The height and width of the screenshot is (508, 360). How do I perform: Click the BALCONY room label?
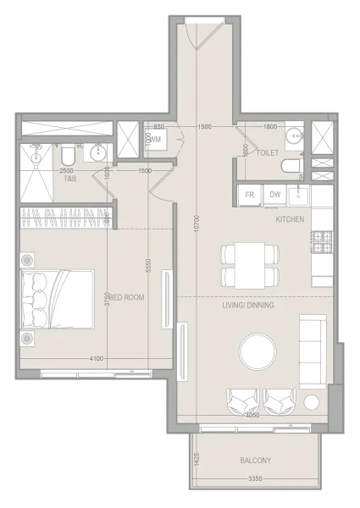(254, 461)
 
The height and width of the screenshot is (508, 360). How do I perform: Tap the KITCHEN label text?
(290, 219)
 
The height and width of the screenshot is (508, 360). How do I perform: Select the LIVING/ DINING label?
(247, 305)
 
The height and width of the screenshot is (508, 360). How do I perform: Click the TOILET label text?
(268, 154)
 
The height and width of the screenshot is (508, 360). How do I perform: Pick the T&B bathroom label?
(69, 179)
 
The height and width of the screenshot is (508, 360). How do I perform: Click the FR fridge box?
(251, 195)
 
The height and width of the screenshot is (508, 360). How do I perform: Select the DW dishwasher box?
(274, 195)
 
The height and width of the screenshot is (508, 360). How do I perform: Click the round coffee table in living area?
(258, 351)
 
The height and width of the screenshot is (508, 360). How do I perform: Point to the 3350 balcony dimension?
(254, 479)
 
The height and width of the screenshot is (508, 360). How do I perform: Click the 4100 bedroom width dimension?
(96, 359)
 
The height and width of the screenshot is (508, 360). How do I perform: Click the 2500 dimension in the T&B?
(65, 171)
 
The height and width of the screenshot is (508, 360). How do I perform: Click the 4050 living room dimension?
(252, 416)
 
